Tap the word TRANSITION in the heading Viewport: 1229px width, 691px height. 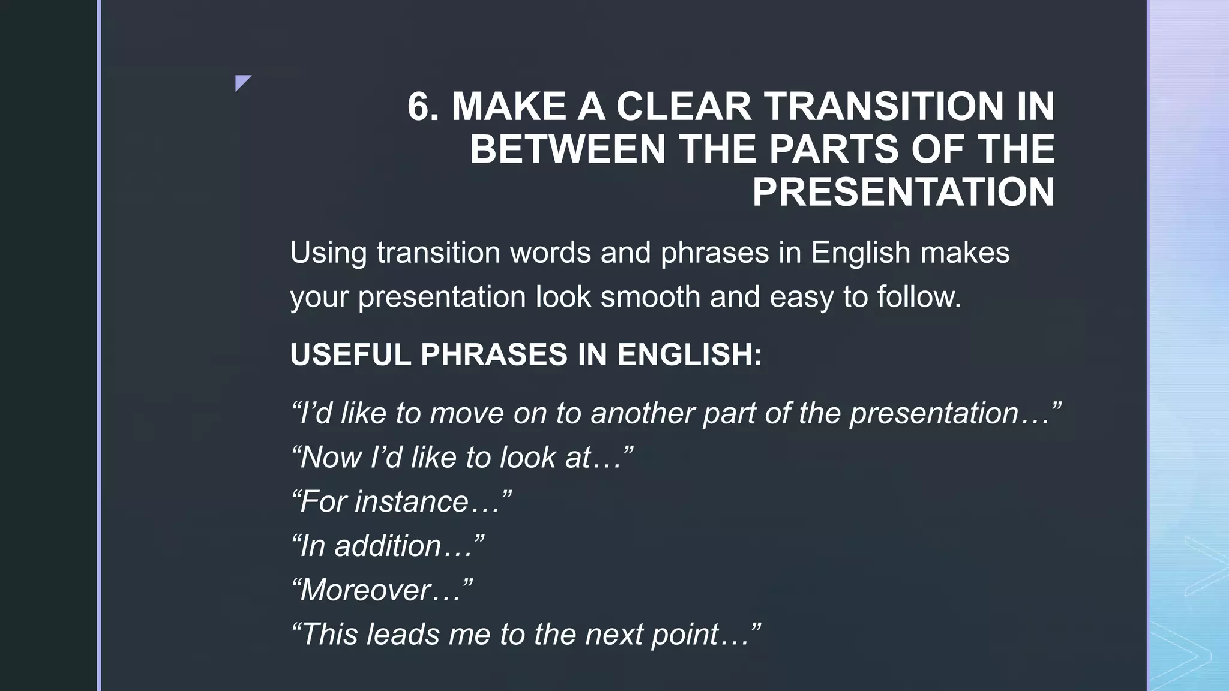883,107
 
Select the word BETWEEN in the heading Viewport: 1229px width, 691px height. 568,149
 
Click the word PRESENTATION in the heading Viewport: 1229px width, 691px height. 903,192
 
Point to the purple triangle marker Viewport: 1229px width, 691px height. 242,82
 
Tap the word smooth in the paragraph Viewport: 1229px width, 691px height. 651,296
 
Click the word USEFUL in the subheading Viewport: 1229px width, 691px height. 350,354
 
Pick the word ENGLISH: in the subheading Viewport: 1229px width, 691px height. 690,354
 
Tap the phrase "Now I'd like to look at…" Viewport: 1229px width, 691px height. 461,458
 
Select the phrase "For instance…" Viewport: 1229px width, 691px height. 401,501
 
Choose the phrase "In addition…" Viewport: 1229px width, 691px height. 387,546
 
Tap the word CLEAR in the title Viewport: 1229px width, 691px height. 684,107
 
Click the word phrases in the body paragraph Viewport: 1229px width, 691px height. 715,252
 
